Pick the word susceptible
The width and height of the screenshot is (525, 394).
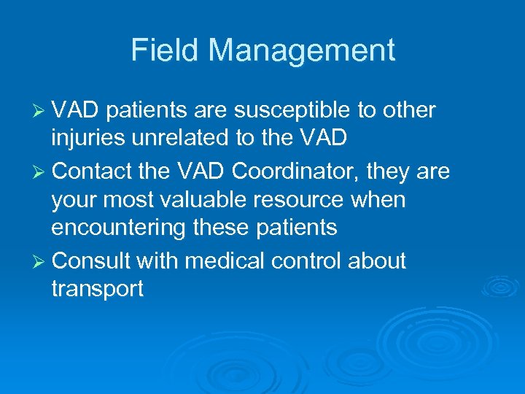pyautogui.click(x=306, y=111)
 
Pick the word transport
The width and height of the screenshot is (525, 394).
pyautogui.click(x=97, y=290)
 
